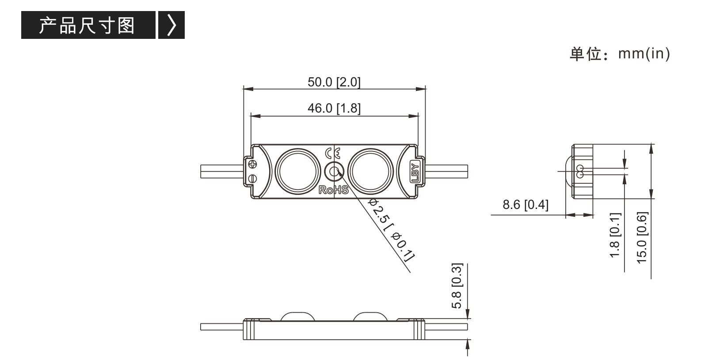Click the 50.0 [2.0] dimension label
334,82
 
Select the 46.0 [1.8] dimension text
334,108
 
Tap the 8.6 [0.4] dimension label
526,205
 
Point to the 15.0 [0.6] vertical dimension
642,238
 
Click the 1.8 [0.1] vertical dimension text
615,235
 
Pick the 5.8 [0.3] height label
457,286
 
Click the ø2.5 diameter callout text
392,229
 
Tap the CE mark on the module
333,154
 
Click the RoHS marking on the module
333,190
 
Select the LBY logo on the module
415,173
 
